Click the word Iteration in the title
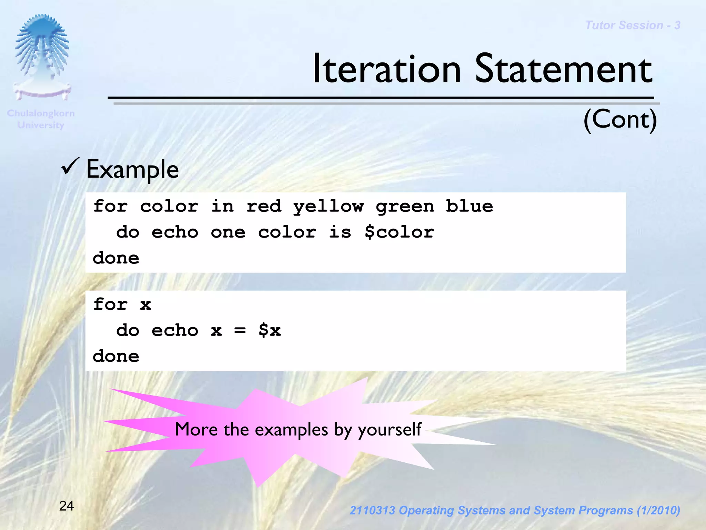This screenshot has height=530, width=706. [386, 69]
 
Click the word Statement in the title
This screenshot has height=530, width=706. [563, 69]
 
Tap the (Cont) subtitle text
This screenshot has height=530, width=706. [620, 119]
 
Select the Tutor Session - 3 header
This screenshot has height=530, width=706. [633, 26]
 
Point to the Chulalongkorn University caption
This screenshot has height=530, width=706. [41, 119]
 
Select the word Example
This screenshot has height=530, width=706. [132, 169]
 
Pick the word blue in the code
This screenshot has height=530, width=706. [469, 206]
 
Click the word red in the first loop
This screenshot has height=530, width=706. [264, 206]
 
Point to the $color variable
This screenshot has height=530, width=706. [399, 232]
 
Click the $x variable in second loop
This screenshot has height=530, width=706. [270, 331]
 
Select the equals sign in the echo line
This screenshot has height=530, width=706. [240, 331]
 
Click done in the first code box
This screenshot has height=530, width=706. [116, 258]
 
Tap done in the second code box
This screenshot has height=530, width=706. [116, 356]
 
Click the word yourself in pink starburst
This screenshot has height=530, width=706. [390, 430]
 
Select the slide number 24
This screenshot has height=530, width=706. [66, 506]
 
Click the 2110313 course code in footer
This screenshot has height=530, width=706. [372, 510]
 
